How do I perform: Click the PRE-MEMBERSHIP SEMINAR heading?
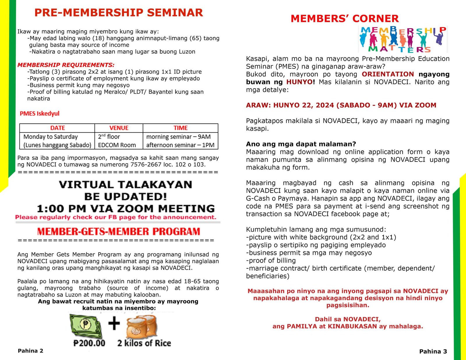click(119, 13)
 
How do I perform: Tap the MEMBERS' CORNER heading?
click(345, 19)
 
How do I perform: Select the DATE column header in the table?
click(57, 128)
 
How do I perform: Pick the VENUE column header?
click(119, 128)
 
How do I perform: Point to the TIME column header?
click(181, 128)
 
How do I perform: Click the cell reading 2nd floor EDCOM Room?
click(117, 141)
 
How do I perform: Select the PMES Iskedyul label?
click(40, 114)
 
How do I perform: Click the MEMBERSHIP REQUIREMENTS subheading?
click(66, 65)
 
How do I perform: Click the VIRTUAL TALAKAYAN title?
click(126, 185)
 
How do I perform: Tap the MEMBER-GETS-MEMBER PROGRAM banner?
click(119, 232)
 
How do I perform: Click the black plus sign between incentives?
click(114, 324)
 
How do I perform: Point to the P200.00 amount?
click(89, 343)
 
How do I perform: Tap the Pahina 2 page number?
click(31, 351)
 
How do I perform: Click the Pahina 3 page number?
click(433, 352)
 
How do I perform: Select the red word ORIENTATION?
click(388, 74)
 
